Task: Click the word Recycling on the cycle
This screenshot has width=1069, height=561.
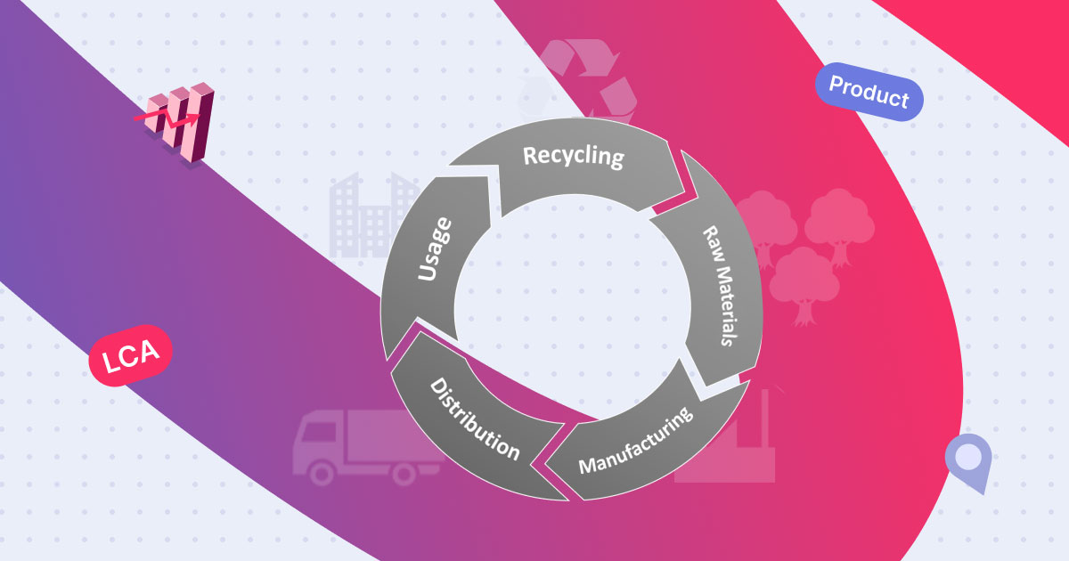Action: pos(573,156)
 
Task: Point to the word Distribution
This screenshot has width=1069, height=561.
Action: pos(474,419)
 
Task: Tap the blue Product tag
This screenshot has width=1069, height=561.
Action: pos(869,91)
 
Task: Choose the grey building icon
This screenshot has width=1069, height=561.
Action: pos(370,214)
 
